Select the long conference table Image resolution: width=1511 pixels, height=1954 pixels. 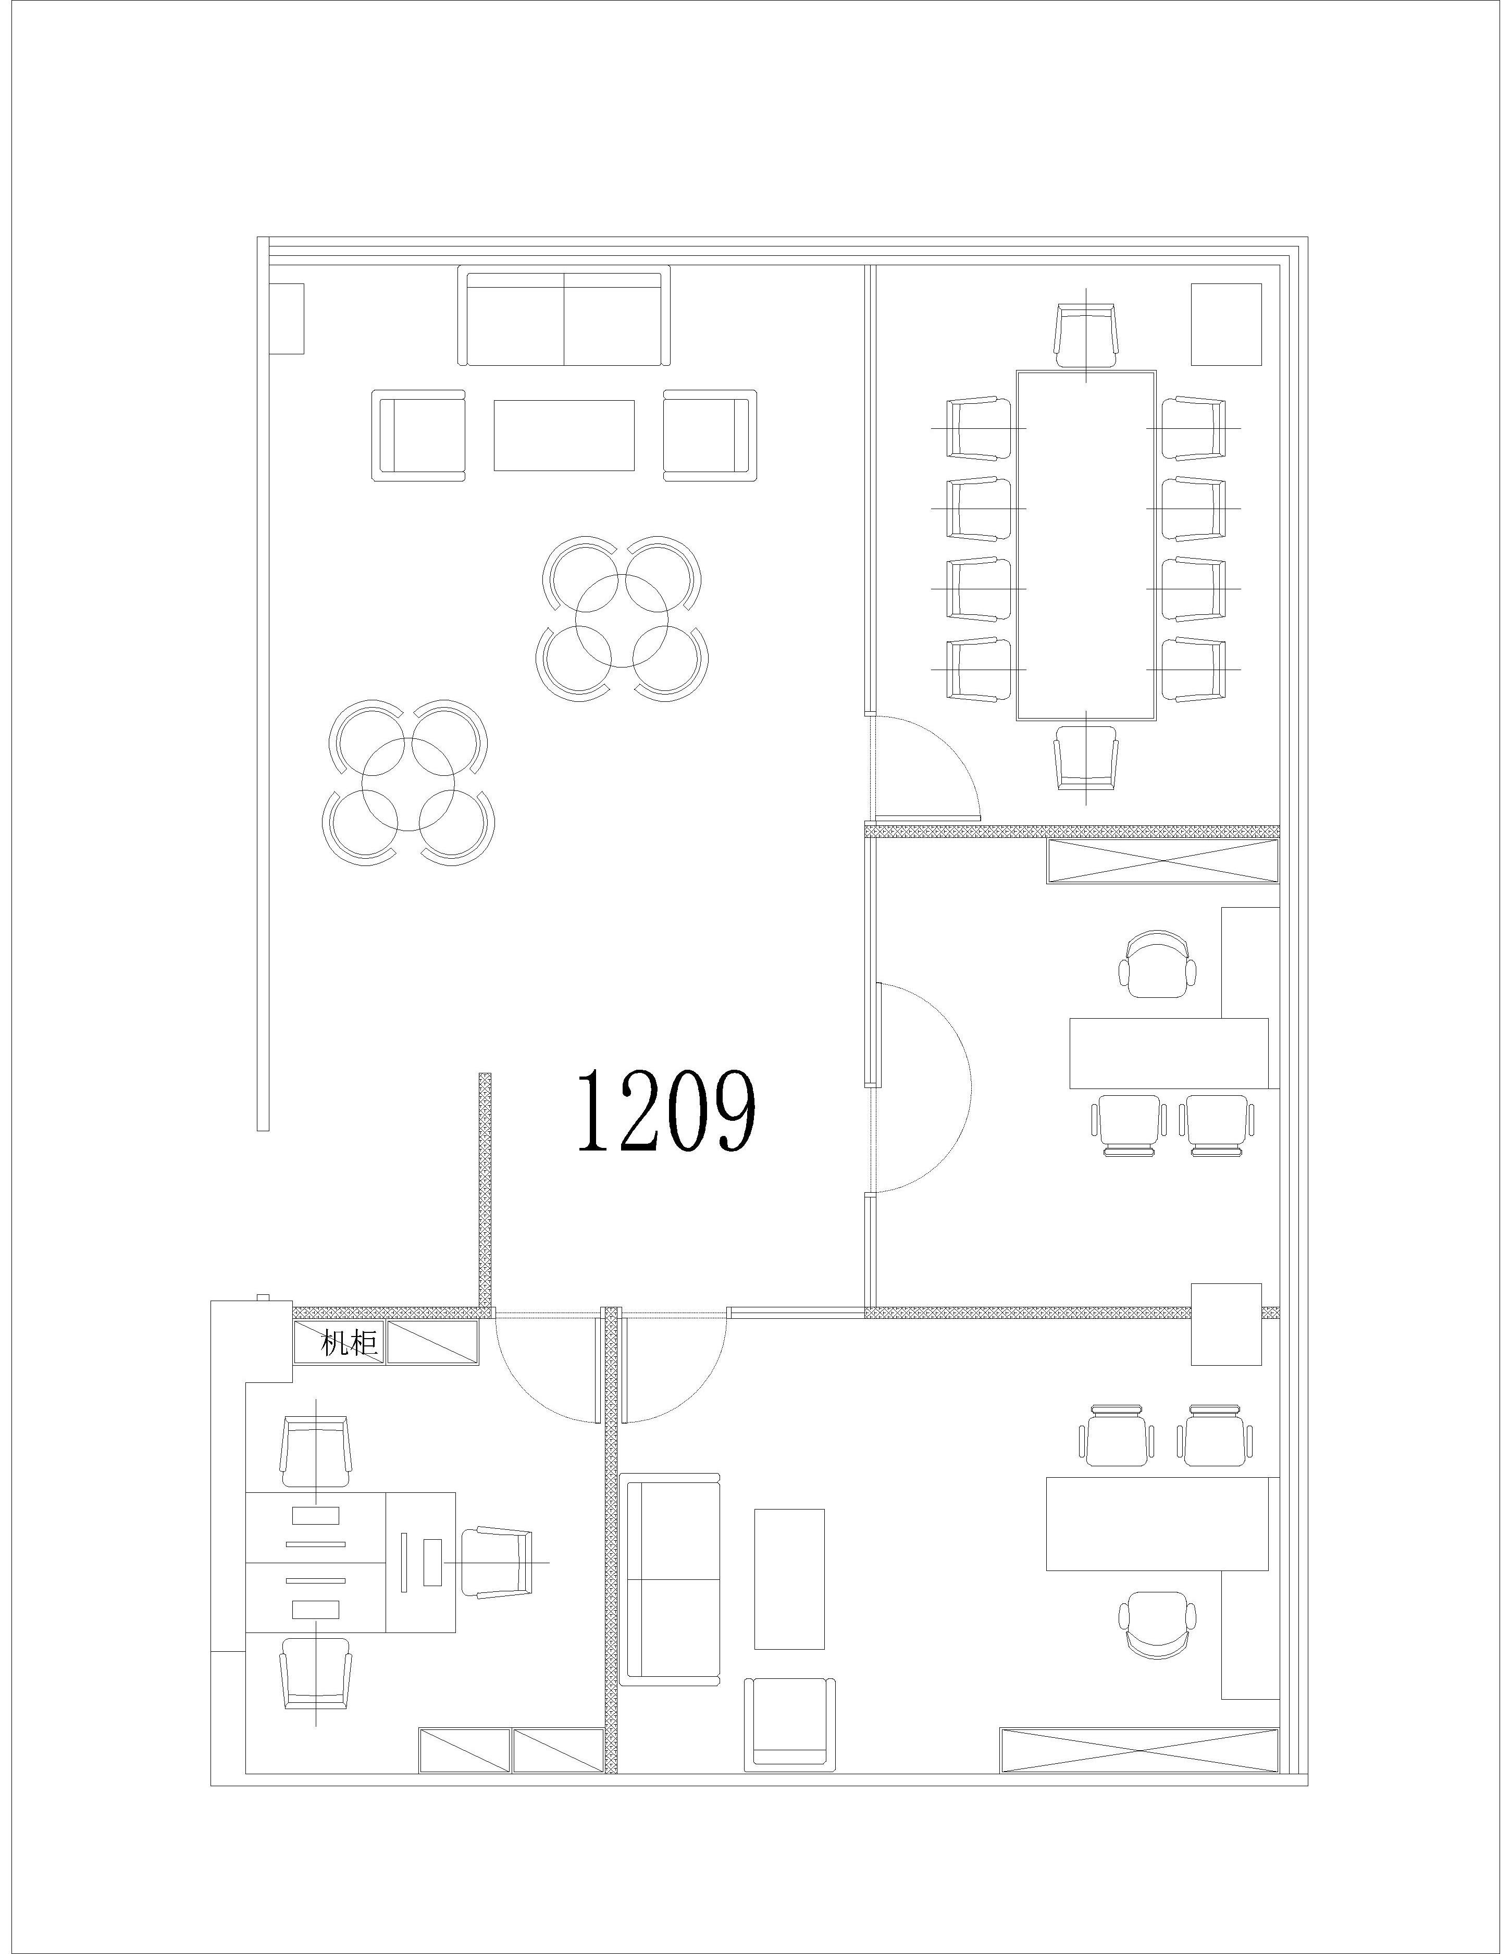click(1086, 545)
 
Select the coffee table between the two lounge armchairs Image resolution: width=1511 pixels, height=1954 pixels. click(564, 435)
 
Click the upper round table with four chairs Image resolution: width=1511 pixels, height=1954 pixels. click(623, 617)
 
